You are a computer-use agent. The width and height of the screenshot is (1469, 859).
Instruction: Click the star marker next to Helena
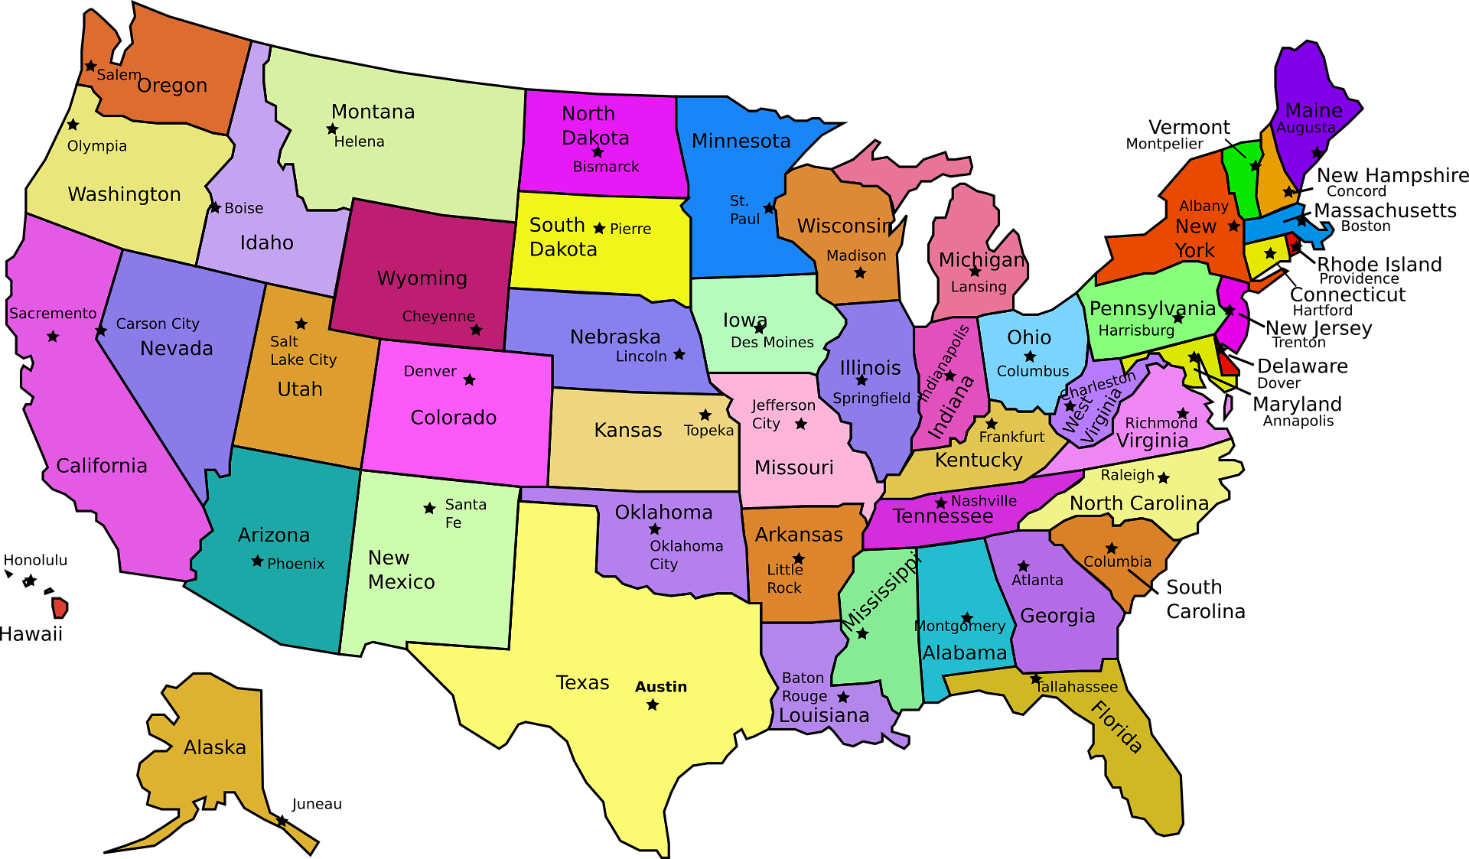[x=332, y=129]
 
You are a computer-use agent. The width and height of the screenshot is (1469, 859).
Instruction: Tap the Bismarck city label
[x=605, y=167]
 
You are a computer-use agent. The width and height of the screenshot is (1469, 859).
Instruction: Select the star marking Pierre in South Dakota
[x=599, y=228]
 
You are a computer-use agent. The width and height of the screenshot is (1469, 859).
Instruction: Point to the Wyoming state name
[x=422, y=278]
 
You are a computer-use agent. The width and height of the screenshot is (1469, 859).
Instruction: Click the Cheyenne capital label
[x=438, y=316]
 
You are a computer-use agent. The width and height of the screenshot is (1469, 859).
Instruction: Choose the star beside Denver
[x=470, y=379]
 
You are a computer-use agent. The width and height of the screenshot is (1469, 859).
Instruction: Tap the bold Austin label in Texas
[x=660, y=687]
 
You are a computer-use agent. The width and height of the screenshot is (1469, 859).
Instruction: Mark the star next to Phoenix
[x=257, y=561]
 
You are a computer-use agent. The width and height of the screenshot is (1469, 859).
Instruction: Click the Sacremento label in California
[x=53, y=313]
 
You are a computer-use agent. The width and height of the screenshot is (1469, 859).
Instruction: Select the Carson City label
[x=157, y=324]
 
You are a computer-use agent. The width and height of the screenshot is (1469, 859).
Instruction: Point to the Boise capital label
[x=243, y=208]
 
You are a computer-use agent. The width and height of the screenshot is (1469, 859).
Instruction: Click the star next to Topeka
[x=705, y=415]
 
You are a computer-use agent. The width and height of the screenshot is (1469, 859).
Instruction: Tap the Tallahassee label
[x=1077, y=687]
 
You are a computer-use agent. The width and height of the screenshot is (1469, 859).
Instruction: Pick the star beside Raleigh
[x=1164, y=478]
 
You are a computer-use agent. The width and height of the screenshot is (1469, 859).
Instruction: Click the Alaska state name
[x=214, y=747]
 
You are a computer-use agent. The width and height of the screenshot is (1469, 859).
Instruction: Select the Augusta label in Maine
[x=1306, y=128]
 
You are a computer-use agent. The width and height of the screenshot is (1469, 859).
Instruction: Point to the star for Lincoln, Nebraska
[x=679, y=354]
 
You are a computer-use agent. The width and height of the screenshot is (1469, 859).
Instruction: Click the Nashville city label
[x=983, y=501]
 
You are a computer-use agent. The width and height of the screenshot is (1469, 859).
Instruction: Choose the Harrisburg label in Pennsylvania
[x=1136, y=330]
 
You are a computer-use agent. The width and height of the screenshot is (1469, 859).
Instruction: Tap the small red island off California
[x=60, y=608]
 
